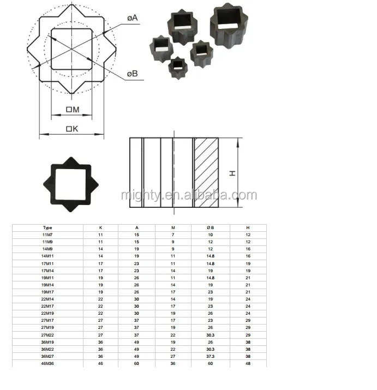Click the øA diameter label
click(133, 18)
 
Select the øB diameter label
click(133, 74)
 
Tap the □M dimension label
click(72, 110)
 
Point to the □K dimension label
click(72, 129)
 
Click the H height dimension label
click(232, 172)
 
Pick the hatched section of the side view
click(206, 173)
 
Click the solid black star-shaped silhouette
click(70, 184)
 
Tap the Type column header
click(47, 227)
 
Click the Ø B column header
click(210, 227)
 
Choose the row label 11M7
click(47, 234)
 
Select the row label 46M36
click(47, 363)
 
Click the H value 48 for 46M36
click(248, 363)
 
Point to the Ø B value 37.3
click(210, 356)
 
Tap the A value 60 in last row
click(136, 363)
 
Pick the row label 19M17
click(47, 291)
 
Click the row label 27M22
click(47, 334)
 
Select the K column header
click(100, 227)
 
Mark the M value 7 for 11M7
click(173, 234)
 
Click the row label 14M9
click(47, 248)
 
